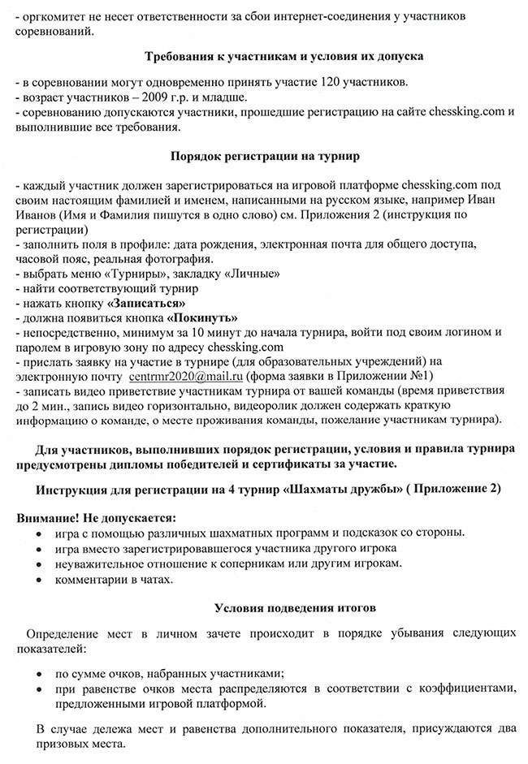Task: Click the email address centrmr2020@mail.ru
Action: [186, 377]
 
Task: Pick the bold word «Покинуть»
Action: [203, 317]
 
